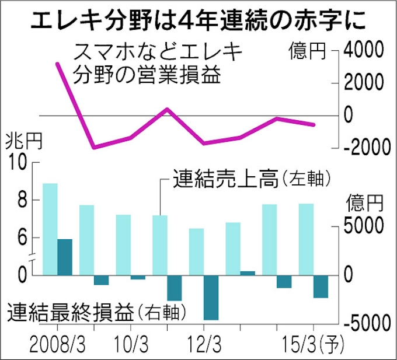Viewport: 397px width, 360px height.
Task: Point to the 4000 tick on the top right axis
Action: coord(365,51)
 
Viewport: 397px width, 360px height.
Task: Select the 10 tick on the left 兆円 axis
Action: coord(19,163)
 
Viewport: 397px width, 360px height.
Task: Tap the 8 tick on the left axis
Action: coord(22,200)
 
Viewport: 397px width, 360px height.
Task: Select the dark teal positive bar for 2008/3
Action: coord(64,256)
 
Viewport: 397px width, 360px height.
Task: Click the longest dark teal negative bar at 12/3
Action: coord(210,296)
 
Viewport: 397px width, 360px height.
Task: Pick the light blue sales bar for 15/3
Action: coord(306,239)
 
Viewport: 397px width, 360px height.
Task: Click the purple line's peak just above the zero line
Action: coord(167,109)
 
